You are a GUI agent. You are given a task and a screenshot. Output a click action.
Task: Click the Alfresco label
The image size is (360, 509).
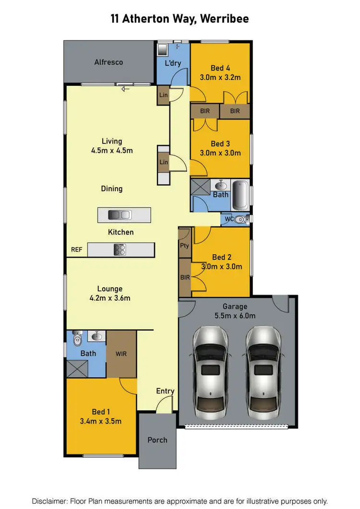point(108,62)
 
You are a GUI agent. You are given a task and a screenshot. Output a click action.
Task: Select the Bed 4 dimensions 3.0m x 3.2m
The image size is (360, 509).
point(220,77)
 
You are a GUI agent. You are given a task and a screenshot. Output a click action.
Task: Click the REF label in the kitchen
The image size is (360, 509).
point(77,249)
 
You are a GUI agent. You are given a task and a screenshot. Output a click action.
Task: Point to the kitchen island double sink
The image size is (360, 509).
point(120,215)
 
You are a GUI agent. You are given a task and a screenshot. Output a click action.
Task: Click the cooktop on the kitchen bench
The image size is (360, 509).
point(120,249)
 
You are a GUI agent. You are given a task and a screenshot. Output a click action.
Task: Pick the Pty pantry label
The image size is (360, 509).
point(184,246)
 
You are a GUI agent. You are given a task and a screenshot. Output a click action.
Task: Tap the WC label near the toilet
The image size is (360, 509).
point(229,219)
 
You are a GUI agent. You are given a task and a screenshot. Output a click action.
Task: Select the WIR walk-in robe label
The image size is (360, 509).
point(121,354)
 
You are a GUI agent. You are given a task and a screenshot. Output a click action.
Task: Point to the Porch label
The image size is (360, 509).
point(157,440)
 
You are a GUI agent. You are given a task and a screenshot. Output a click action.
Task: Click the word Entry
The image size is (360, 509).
point(165,391)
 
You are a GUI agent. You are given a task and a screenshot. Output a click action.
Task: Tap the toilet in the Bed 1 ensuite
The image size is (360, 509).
point(77,339)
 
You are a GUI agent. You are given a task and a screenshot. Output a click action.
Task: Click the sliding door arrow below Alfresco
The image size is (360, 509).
point(126,89)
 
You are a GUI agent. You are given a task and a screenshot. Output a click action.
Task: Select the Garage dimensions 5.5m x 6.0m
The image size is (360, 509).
point(235,316)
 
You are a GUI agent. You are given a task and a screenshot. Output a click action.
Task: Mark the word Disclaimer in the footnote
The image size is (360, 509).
point(50,501)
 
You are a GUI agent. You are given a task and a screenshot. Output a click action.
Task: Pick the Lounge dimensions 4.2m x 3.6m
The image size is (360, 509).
point(110,298)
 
